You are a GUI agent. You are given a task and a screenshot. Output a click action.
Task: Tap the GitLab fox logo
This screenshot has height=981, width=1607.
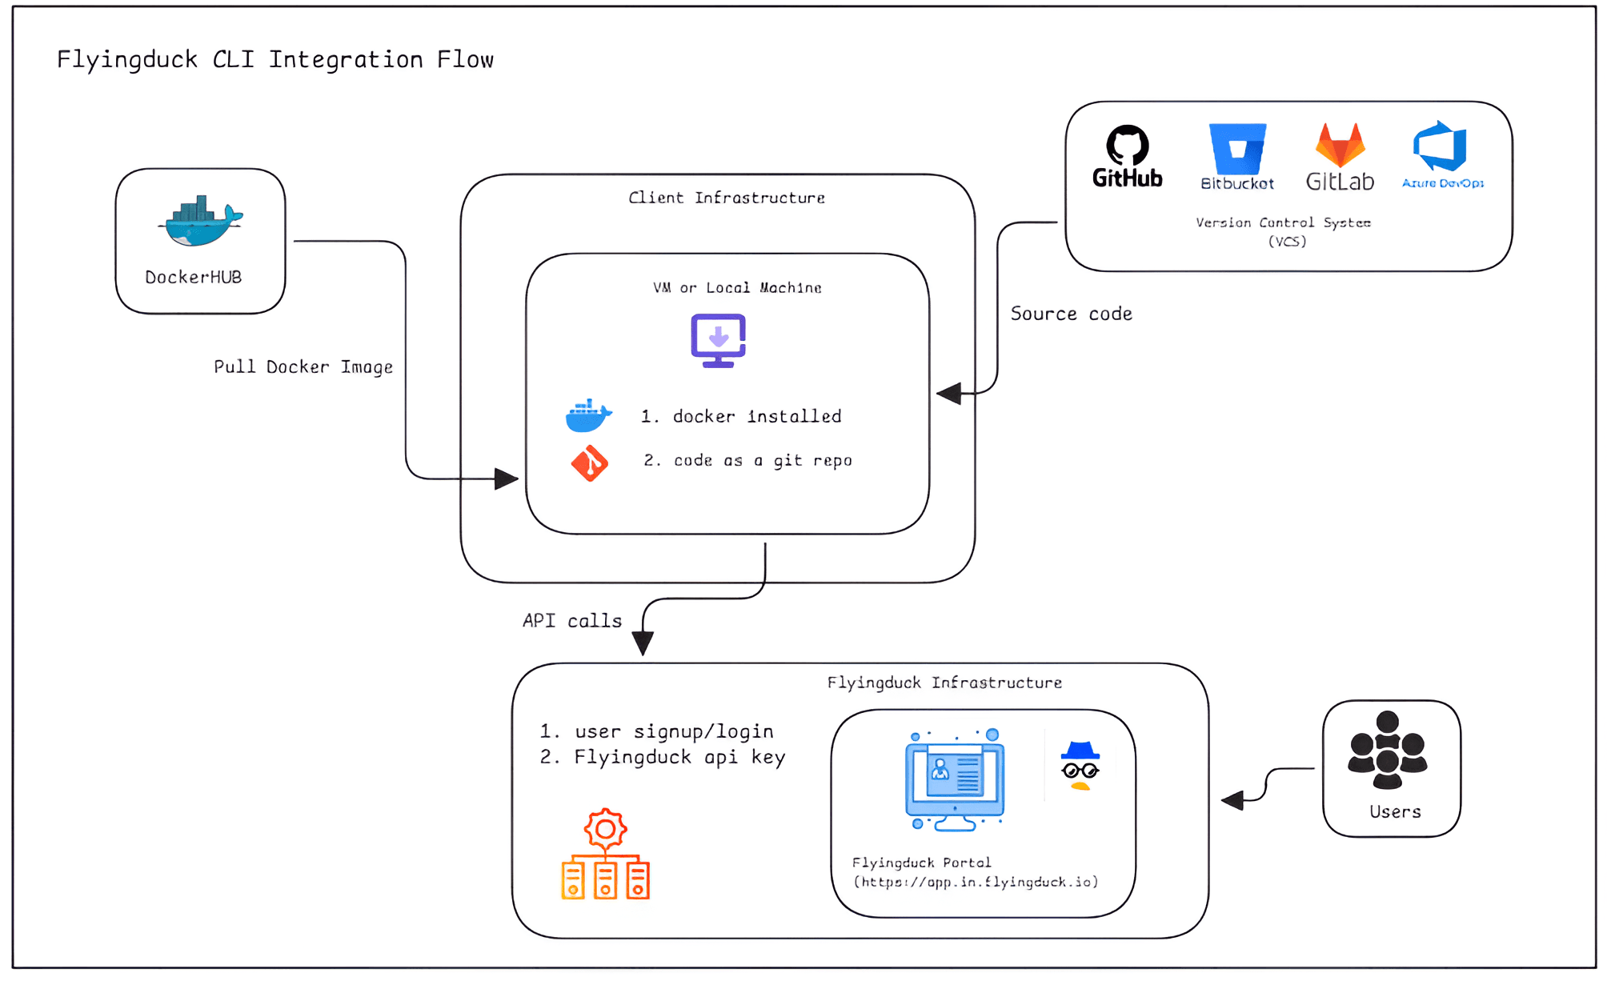click(x=1340, y=146)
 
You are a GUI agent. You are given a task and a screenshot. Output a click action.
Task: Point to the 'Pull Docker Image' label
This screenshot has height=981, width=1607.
click(x=303, y=367)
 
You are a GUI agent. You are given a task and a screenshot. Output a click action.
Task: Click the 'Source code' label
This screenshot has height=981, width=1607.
click(x=1071, y=314)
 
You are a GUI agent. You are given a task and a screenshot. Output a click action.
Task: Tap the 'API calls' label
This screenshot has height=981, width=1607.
click(x=571, y=621)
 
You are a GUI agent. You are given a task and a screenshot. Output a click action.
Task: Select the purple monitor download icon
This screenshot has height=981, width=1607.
click(x=718, y=340)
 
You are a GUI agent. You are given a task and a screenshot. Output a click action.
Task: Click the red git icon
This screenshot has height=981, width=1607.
click(x=590, y=463)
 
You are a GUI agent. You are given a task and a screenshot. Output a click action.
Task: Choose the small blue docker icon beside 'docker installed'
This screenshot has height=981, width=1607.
click(x=588, y=416)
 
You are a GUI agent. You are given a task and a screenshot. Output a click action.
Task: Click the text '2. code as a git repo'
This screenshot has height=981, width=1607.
click(x=747, y=460)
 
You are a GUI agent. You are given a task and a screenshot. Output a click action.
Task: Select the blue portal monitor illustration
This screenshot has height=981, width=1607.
click(x=955, y=780)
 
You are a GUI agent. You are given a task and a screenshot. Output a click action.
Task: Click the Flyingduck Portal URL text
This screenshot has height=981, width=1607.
click(x=976, y=882)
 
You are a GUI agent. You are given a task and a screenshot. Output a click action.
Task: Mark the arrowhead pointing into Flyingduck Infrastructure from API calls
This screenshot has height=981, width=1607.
click(x=643, y=643)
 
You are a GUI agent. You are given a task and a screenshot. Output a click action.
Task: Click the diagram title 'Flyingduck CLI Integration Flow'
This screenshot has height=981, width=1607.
click(x=275, y=60)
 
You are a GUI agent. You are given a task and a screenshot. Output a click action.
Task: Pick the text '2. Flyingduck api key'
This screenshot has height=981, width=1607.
click(x=663, y=757)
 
